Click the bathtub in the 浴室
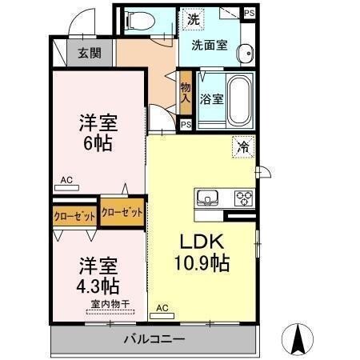coord(238,100)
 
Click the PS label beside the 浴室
coord(186,125)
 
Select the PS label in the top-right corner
coord(250,14)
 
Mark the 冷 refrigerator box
coord(243,146)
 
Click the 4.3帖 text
coord(99,286)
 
